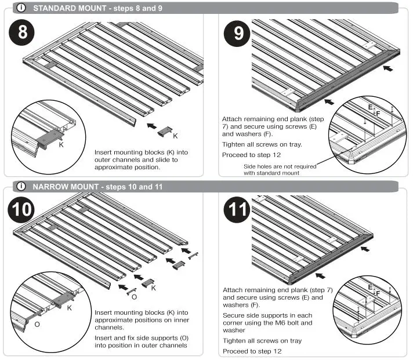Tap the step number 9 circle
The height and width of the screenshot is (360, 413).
pyautogui.click(x=238, y=34)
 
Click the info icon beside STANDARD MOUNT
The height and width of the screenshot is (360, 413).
pyautogui.click(x=21, y=8)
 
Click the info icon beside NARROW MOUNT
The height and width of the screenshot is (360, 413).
pyautogui.click(x=21, y=187)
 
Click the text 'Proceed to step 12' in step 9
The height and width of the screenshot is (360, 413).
pyautogui.click(x=251, y=155)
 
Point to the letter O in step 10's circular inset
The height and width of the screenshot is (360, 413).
pyautogui.click(x=37, y=325)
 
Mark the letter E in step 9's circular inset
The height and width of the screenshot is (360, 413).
pyautogui.click(x=370, y=108)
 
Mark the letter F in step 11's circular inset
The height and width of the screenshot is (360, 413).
pyautogui.click(x=378, y=293)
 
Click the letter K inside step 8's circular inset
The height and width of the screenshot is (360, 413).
pyautogui.click(x=61, y=145)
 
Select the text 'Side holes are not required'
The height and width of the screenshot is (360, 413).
pyautogui.click(x=280, y=166)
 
